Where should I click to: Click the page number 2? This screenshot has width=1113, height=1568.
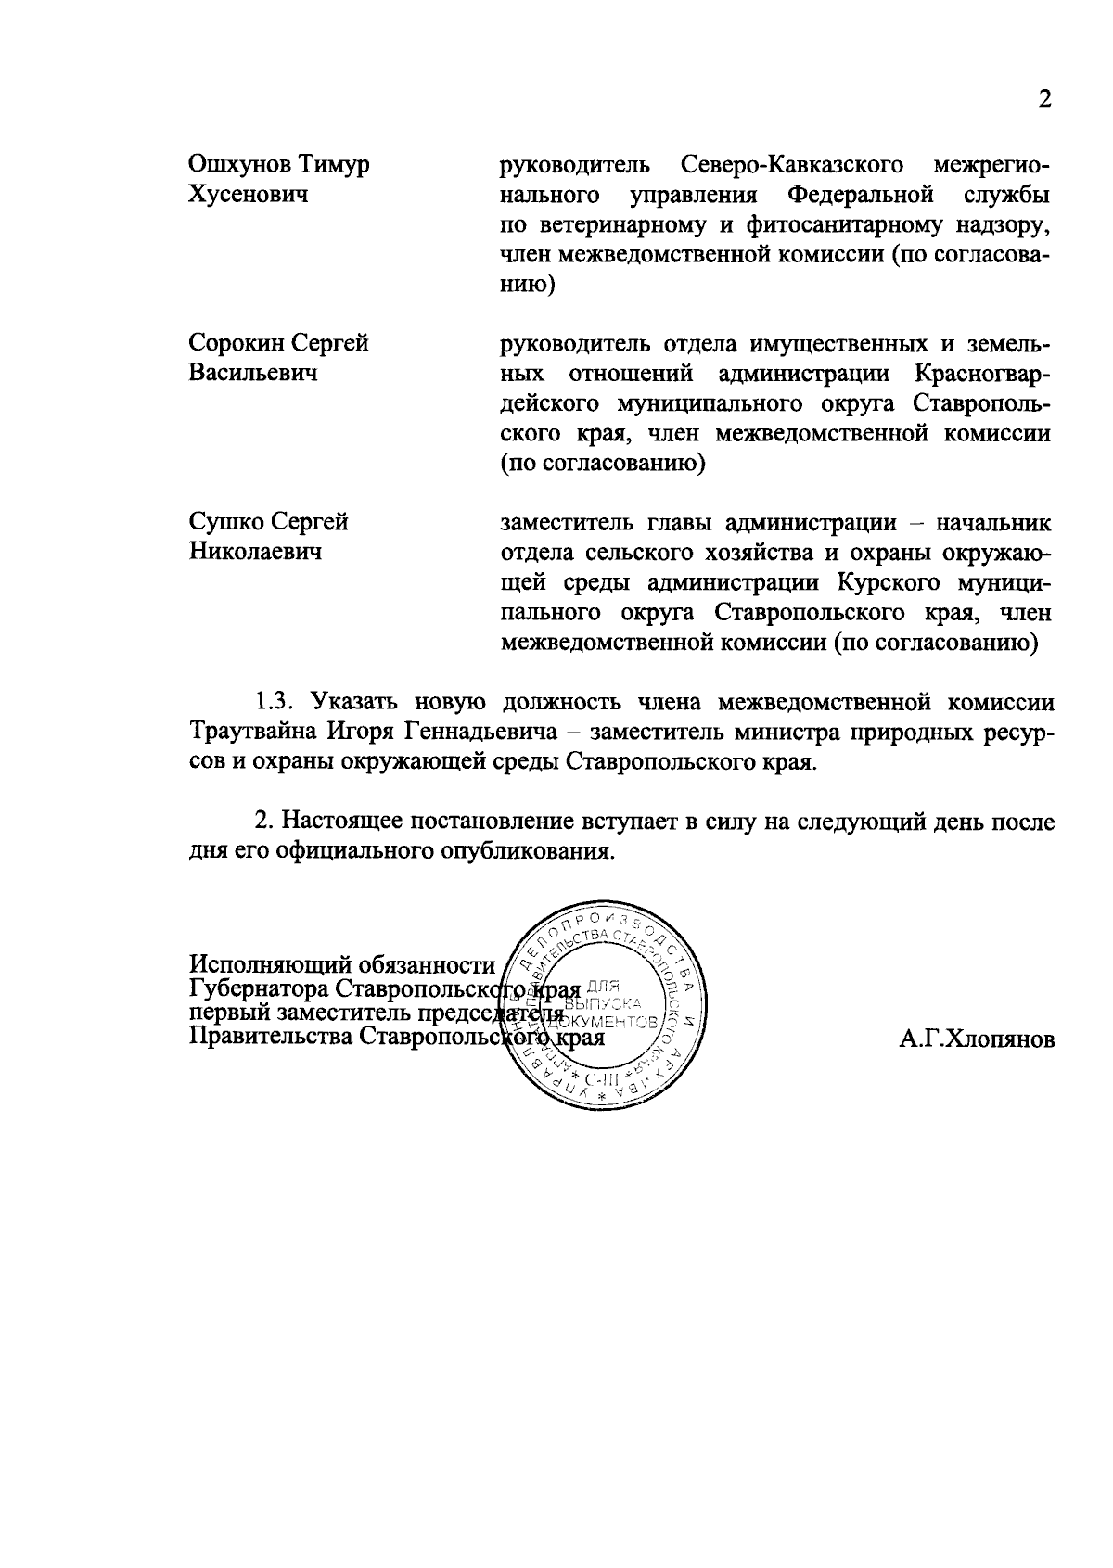[1045, 100]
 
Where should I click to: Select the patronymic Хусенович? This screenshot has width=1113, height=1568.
[248, 195]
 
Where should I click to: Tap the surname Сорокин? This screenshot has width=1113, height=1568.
[236, 343]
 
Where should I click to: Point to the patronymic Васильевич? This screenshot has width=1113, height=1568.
[252, 373]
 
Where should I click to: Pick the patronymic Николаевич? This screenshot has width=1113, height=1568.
[255, 552]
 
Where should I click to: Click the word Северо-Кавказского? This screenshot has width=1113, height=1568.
[792, 165]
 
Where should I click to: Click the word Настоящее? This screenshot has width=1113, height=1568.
[341, 821]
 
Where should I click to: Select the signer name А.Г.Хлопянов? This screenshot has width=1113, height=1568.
[977, 1039]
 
